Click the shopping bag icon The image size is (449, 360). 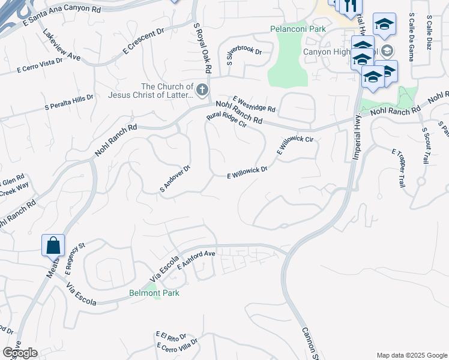pos(53,245)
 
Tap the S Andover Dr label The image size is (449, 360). pos(175,179)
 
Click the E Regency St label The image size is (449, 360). pos(74,253)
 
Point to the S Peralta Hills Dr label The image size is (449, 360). pos(69,102)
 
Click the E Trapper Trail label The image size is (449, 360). pos(398,168)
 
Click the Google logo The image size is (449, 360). pos(20,352)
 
